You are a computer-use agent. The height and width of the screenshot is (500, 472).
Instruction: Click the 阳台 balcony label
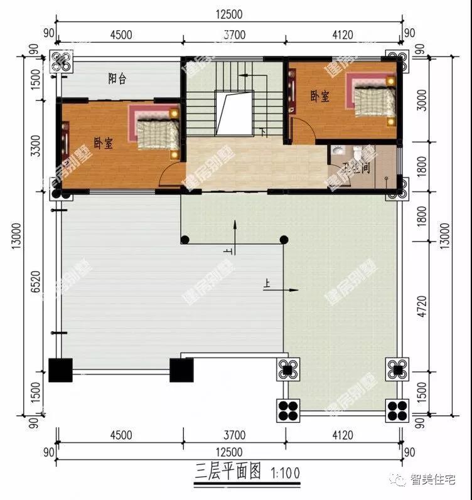pyautogui.click(x=117, y=78)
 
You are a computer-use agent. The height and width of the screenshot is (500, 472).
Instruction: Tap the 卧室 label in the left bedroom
pyautogui.click(x=104, y=143)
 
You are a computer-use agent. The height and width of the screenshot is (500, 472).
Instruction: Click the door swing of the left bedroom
pyautogui.click(x=170, y=176)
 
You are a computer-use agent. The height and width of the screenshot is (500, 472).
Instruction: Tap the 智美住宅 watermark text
pyautogui.click(x=436, y=481)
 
